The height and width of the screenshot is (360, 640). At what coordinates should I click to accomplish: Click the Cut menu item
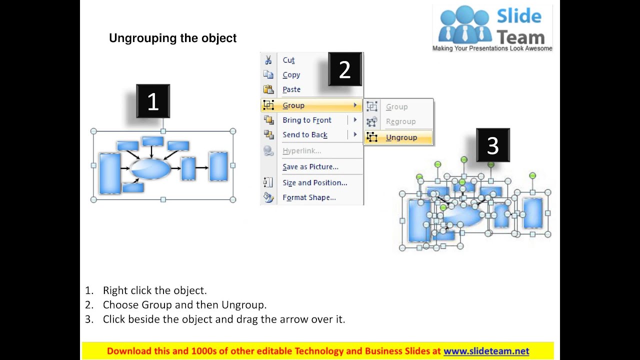click(288, 60)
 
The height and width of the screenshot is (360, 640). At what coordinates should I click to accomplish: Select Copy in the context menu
click(291, 75)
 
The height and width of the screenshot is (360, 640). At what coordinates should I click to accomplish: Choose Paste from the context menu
click(291, 89)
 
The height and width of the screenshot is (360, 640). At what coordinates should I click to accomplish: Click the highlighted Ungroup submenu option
click(401, 137)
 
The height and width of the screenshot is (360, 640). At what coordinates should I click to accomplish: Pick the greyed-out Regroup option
click(400, 121)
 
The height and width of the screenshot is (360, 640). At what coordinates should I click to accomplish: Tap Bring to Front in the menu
click(306, 120)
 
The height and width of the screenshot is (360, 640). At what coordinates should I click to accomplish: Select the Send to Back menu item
click(304, 135)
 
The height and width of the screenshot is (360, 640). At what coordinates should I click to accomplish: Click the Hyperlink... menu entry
click(301, 151)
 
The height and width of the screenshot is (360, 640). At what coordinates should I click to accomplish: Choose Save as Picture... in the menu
click(310, 167)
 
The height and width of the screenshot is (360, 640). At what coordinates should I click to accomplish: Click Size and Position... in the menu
click(314, 183)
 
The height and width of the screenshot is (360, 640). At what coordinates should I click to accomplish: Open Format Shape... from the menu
click(309, 197)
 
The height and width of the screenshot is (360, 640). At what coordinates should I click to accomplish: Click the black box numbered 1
click(153, 101)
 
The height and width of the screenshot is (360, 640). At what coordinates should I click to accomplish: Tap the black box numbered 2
click(344, 69)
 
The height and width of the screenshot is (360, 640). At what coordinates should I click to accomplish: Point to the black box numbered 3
click(492, 145)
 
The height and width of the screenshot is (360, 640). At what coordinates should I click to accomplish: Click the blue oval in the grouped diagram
click(151, 169)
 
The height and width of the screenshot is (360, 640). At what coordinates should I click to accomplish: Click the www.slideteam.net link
click(486, 351)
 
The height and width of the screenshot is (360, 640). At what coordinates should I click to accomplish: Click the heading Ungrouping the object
click(172, 38)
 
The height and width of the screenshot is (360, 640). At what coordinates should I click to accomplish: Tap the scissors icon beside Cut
click(268, 60)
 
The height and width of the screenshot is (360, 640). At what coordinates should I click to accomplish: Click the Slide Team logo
click(492, 28)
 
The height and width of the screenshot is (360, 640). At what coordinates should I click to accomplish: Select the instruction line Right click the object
click(154, 290)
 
